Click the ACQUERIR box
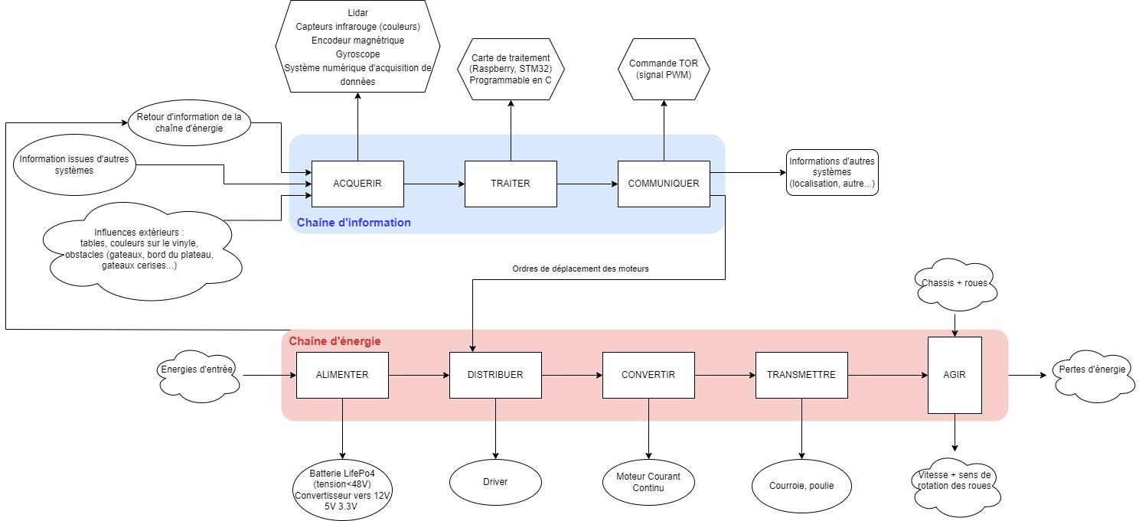[357, 184]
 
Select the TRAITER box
[511, 184]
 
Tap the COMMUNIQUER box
[664, 184]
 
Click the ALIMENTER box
[342, 375]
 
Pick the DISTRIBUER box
[495, 375]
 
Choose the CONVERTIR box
[648, 375]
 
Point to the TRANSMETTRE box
[801, 375]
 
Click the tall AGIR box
[955, 375]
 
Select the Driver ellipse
[495, 482]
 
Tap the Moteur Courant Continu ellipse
[648, 482]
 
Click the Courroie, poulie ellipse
[801, 485]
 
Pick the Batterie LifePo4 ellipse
[342, 490]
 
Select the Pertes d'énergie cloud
[1092, 370]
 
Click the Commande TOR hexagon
[664, 69]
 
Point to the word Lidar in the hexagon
[357, 13]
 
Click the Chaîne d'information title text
[354, 223]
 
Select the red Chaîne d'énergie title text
[335, 341]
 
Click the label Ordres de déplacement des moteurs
[580, 269]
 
